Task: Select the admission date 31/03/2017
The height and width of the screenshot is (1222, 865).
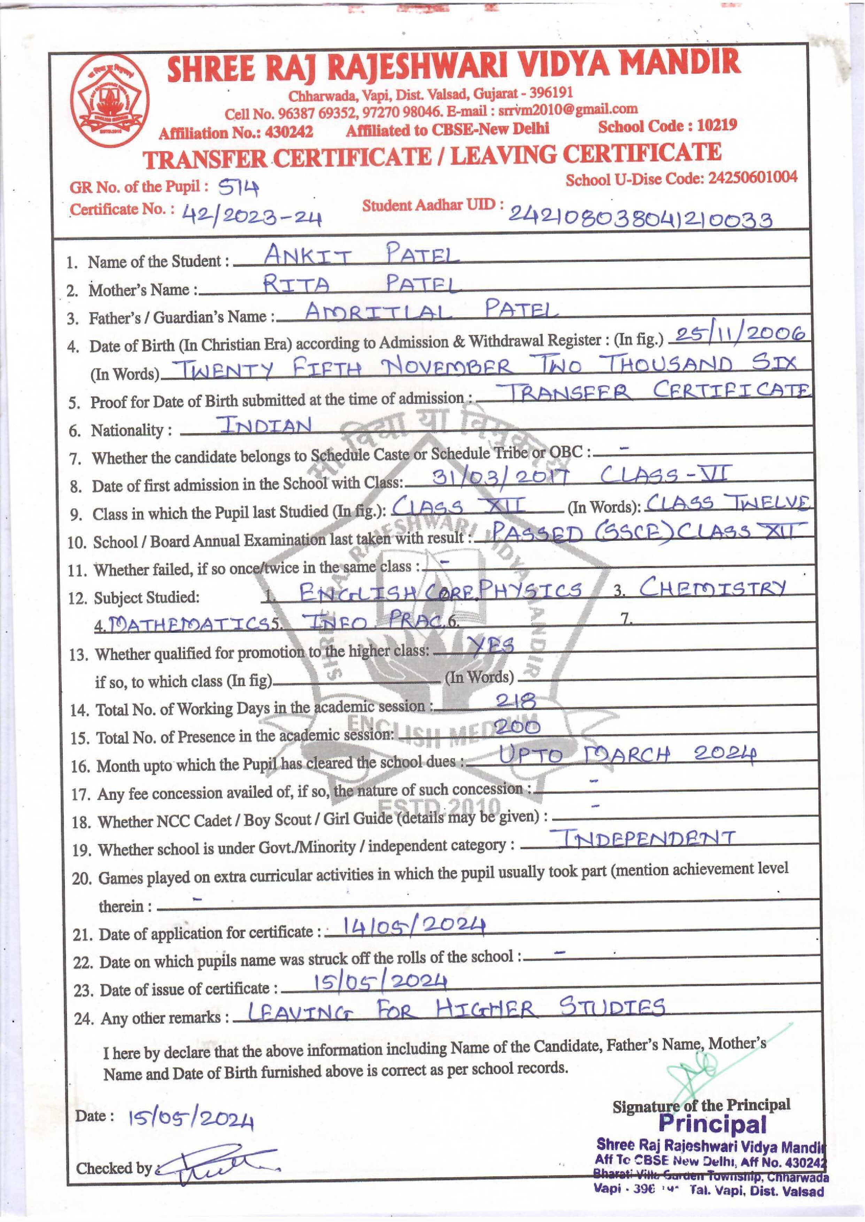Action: pos(501,475)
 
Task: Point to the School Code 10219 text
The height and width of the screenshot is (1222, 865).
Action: pos(667,126)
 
